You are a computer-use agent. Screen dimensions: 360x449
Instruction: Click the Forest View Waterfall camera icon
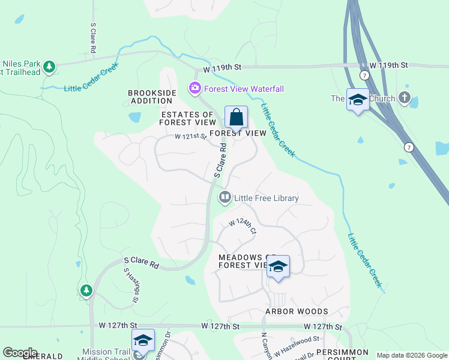[194, 89]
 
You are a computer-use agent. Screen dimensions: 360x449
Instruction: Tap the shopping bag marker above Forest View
[237, 116]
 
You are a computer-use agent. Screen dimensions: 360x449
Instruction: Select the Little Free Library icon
[225, 197]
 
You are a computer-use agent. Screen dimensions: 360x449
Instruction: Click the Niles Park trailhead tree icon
[49, 66]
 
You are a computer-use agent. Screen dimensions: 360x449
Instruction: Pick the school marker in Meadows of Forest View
[278, 266]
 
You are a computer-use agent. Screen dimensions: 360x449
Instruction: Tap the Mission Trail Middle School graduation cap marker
[143, 340]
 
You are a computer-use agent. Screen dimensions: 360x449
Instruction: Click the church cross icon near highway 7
[405, 97]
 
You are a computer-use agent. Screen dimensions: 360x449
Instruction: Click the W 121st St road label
[191, 137]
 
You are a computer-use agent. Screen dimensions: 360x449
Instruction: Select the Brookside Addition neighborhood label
[152, 97]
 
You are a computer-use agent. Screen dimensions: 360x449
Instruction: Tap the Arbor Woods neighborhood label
[297, 311]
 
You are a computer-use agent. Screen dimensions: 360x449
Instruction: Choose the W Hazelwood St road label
[297, 346]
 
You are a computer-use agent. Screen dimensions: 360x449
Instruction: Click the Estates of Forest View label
[187, 118]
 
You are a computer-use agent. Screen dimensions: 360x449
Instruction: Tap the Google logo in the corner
[20, 353]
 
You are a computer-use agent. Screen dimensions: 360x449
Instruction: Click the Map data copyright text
[412, 355]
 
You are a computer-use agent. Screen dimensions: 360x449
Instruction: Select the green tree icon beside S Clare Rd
[86, 291]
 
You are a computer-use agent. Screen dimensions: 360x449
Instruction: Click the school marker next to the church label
[358, 100]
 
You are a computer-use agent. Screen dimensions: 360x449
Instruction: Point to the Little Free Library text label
[266, 198]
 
